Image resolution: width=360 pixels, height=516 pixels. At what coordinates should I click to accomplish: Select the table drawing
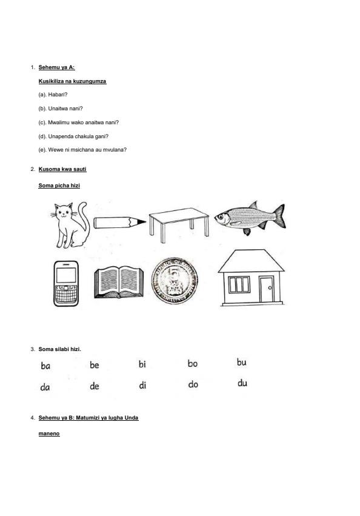(x=179, y=225)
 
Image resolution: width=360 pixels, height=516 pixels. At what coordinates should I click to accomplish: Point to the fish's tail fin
(x=279, y=215)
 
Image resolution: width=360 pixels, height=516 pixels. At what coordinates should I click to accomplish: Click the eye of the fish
(x=220, y=216)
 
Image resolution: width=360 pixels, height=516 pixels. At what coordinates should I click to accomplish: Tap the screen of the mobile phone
(x=66, y=275)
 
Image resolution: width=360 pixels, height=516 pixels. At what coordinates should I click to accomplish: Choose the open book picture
(x=119, y=282)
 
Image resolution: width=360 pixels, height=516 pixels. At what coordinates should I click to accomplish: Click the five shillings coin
(x=175, y=281)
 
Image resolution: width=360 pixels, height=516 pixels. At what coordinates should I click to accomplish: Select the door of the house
(x=266, y=289)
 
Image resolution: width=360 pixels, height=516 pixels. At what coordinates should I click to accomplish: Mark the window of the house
(x=239, y=284)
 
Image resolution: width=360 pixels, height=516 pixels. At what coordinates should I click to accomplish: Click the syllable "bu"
(x=242, y=363)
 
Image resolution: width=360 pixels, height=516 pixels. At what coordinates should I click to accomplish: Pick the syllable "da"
(x=45, y=387)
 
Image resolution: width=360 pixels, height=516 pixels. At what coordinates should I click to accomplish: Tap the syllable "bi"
(x=142, y=364)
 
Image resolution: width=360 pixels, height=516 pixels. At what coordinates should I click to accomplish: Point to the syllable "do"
(x=193, y=384)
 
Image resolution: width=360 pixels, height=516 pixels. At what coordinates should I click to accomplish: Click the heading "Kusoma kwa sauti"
(x=62, y=169)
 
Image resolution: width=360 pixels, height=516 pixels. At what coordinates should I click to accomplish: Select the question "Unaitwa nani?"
(x=65, y=109)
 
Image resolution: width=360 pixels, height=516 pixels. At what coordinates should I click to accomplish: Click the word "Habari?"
(x=58, y=95)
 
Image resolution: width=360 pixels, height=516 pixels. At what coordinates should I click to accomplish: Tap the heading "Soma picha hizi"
(x=59, y=186)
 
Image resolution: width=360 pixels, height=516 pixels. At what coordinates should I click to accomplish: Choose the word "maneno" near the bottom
(x=49, y=434)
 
